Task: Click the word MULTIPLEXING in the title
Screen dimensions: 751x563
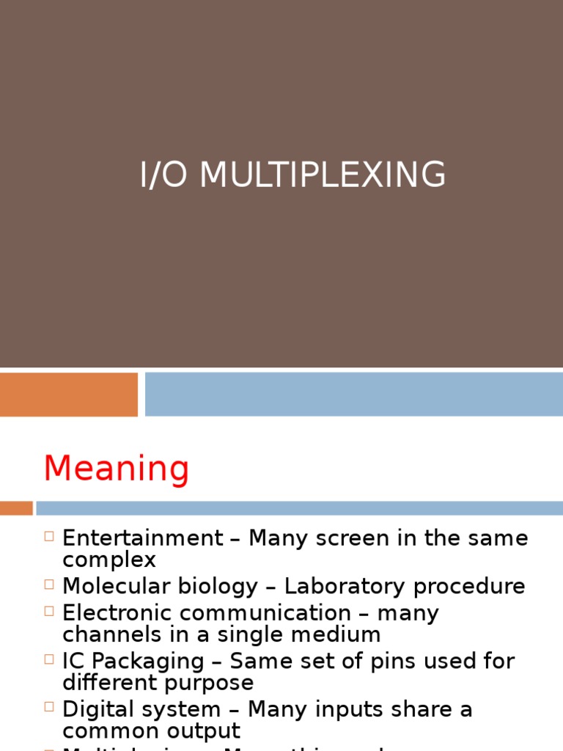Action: pos(323,175)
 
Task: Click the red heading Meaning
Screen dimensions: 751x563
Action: pos(117,469)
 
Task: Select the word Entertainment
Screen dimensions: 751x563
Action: pos(142,538)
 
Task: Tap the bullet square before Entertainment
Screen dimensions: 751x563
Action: pos(49,536)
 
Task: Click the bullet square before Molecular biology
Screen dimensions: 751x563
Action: pos(49,585)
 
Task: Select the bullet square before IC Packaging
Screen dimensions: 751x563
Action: pos(49,659)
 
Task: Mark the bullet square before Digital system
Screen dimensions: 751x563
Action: pos(49,707)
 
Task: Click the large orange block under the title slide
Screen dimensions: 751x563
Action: pos(68,394)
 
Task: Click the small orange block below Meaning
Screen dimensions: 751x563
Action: pos(15,508)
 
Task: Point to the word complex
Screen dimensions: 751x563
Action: pos(109,560)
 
